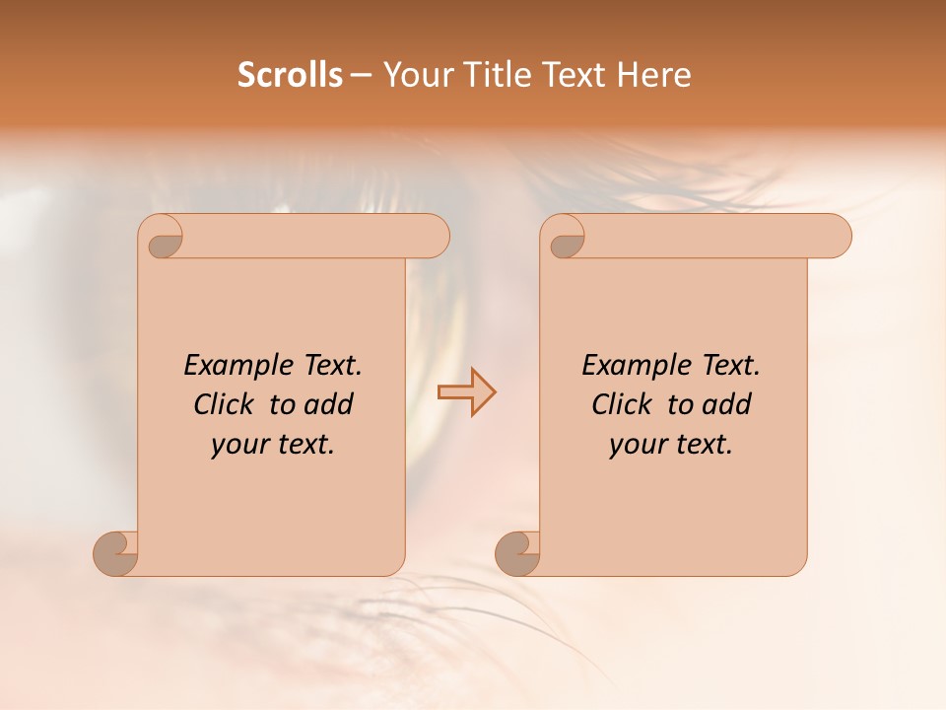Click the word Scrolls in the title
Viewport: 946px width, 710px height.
click(291, 75)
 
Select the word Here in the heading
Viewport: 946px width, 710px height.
click(654, 75)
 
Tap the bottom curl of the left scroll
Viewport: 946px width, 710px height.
click(116, 553)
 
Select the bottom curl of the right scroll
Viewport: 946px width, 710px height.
click(517, 553)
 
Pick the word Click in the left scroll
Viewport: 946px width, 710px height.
click(224, 404)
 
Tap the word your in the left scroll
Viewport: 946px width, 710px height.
click(238, 445)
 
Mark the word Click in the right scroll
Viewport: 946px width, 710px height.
click(622, 404)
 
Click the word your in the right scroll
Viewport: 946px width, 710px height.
click(637, 445)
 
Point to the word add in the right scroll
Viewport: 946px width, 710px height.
click(727, 404)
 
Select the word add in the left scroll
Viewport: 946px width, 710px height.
click(329, 404)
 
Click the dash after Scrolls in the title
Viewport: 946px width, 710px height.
click(362, 76)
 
